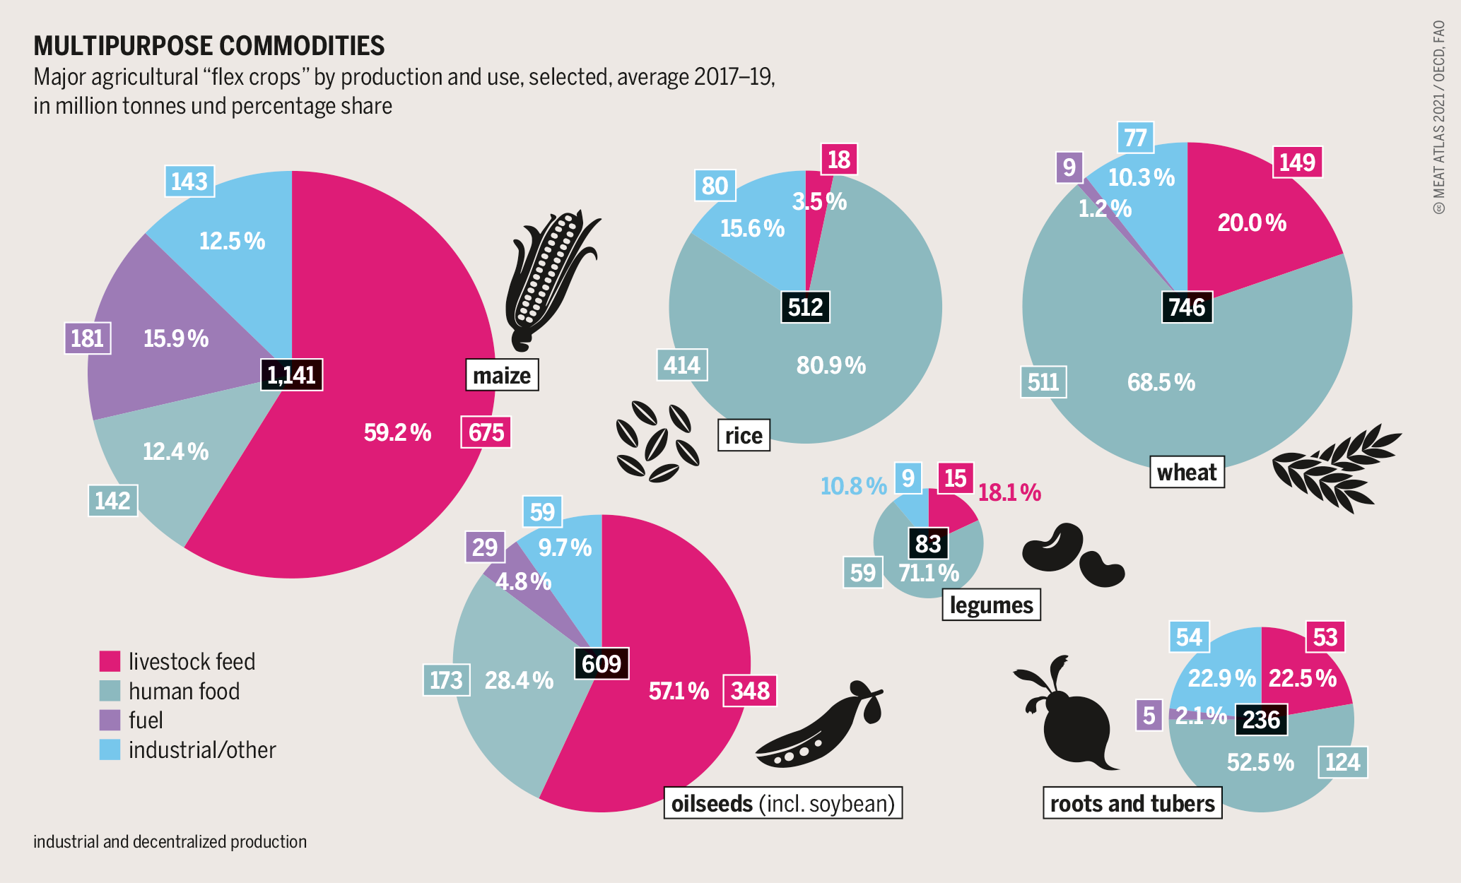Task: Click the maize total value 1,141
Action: click(292, 375)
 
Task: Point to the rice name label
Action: click(744, 435)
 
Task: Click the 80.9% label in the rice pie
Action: click(831, 365)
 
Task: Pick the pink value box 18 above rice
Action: click(838, 160)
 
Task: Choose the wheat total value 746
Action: click(1187, 307)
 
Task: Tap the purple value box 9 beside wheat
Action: click(1069, 167)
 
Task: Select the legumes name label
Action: click(991, 605)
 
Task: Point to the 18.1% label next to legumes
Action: click(1009, 492)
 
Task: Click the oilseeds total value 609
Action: click(602, 664)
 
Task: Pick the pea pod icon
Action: click(820, 728)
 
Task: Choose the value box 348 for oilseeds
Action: click(750, 690)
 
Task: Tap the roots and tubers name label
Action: click(1132, 804)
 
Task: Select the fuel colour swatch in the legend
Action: click(110, 720)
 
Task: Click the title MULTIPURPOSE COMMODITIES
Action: click(209, 46)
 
